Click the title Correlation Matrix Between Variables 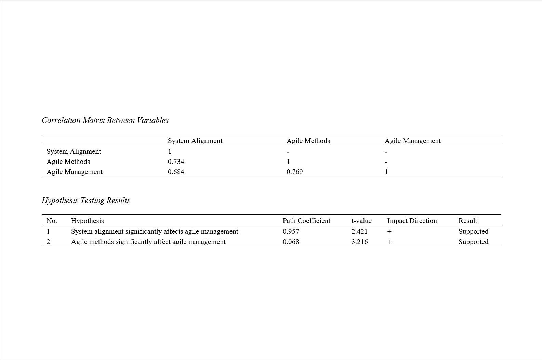pos(105,120)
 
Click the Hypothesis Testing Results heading pos(86,201)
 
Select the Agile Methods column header pos(308,141)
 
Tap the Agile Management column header pos(412,141)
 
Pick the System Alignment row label pos(74,151)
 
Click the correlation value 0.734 pos(176,162)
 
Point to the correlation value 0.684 pos(176,172)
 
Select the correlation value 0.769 pos(294,172)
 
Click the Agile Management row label pos(74,172)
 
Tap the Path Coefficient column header pos(306,221)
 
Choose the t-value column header pos(361,221)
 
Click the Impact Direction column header pos(412,221)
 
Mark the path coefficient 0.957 pos(291,231)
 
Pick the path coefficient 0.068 pos(291,242)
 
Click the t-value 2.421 pos(359,231)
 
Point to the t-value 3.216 pos(359,242)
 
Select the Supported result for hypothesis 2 pos(473,242)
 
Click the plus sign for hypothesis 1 pos(389,232)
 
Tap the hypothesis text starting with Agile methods pos(148,242)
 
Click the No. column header pos(52,221)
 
